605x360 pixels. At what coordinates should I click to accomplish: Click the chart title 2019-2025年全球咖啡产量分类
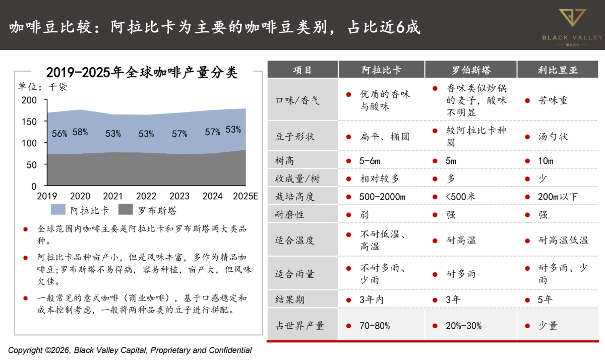[x=142, y=72]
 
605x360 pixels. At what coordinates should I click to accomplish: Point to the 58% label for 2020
[x=80, y=132]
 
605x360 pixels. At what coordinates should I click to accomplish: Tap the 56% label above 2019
[x=59, y=134]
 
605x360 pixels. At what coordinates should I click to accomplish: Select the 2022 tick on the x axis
[x=146, y=196]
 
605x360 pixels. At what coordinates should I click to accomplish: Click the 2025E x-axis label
[x=245, y=196]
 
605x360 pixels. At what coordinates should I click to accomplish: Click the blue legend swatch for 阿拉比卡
[x=58, y=210]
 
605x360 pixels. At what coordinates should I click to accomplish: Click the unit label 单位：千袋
[x=43, y=87]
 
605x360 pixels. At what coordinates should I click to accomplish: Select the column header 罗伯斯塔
[x=471, y=70]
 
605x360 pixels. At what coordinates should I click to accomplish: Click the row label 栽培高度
[x=294, y=197]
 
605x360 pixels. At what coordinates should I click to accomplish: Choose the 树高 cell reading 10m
[x=546, y=161]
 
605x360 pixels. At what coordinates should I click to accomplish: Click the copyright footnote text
[x=130, y=350]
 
